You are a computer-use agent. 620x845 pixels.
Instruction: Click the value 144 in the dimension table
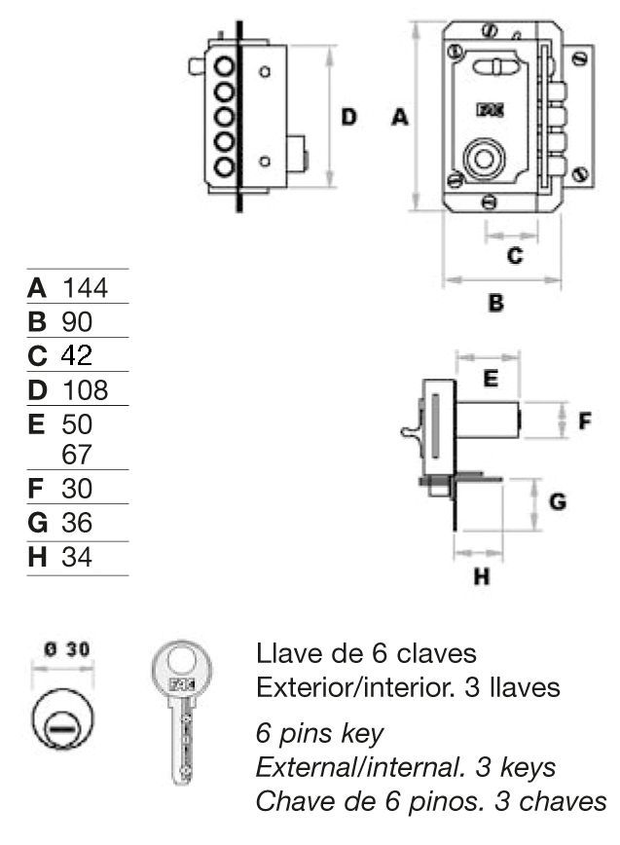click(85, 288)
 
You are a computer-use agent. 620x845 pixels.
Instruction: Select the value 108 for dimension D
click(85, 389)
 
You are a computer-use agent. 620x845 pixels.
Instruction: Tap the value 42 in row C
click(77, 355)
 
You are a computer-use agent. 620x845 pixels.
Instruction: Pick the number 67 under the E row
click(77, 455)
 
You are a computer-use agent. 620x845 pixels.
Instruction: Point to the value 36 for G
click(77, 523)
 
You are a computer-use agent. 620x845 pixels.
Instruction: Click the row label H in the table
click(37, 557)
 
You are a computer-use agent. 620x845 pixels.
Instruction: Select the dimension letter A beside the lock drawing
click(400, 117)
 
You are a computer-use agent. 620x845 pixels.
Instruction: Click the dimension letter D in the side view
click(349, 117)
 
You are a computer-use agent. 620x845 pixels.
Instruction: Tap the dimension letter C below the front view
click(515, 255)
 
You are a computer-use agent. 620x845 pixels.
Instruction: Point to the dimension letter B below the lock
click(496, 303)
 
